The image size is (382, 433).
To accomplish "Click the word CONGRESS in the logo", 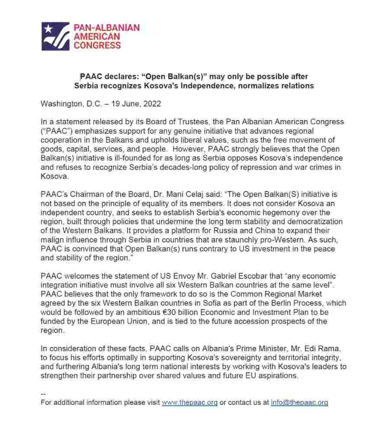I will pyautogui.click(x=98, y=45).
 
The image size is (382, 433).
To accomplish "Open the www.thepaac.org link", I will pyautogui.click(x=189, y=403).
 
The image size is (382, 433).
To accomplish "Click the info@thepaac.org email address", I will pyautogui.click(x=299, y=403).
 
